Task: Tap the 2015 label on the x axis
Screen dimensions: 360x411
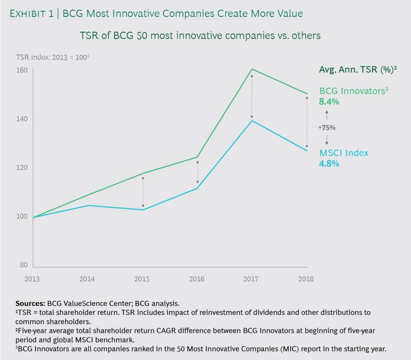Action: tap(142, 279)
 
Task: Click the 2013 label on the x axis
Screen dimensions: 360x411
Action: tap(32, 279)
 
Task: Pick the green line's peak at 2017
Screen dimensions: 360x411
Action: tap(252, 69)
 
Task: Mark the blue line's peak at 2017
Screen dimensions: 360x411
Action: tap(252, 121)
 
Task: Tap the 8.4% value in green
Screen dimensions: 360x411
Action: tap(329, 101)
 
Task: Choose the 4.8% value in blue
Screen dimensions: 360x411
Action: tap(329, 164)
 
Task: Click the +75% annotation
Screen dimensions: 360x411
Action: tap(326, 127)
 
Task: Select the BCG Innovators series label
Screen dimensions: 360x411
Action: tap(353, 91)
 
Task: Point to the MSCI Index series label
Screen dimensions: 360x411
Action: tap(344, 153)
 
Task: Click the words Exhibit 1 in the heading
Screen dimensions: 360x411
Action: tap(34, 14)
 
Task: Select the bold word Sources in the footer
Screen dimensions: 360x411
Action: tap(45, 303)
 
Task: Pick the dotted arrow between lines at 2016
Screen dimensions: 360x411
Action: tap(197, 172)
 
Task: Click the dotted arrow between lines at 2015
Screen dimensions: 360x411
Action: tap(143, 191)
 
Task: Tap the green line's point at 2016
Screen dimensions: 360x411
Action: tap(197, 157)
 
